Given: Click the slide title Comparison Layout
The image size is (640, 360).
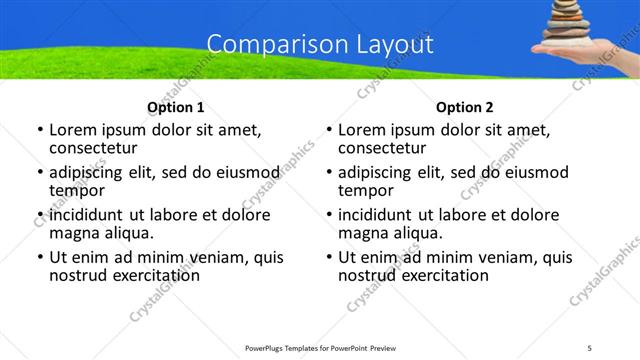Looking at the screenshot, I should (320, 45).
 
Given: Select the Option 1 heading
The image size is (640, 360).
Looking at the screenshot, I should (175, 107).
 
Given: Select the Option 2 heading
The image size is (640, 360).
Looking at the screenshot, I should (465, 107).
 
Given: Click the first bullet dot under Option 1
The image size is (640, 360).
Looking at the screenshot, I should (39, 131).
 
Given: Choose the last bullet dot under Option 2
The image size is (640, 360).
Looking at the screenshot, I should (328, 258).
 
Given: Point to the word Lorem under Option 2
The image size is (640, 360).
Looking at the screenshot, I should (361, 130).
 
